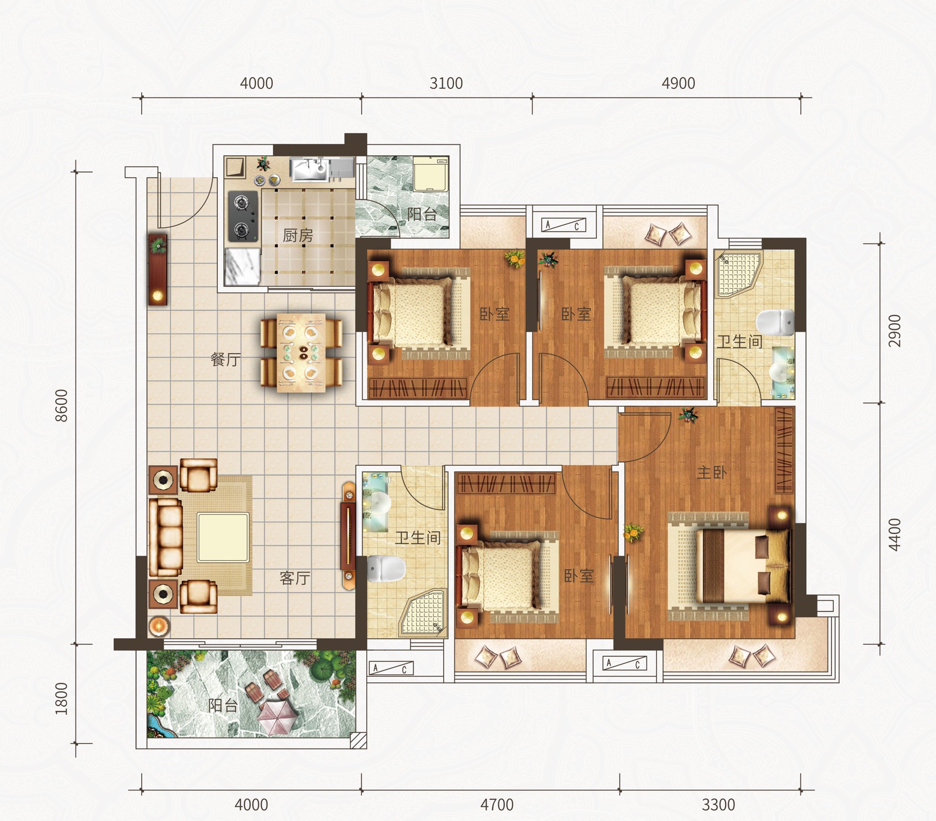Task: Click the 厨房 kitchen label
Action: pyautogui.click(x=298, y=236)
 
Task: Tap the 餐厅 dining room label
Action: pyautogui.click(x=225, y=359)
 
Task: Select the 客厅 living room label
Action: pyautogui.click(x=295, y=577)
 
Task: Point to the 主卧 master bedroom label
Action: pyautogui.click(x=712, y=472)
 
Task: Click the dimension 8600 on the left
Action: pyautogui.click(x=61, y=405)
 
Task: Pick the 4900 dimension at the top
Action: pyautogui.click(x=678, y=83)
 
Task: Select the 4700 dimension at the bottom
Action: pyautogui.click(x=497, y=805)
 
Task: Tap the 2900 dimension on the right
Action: pyautogui.click(x=894, y=331)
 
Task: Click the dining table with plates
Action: pyautogui.click(x=301, y=352)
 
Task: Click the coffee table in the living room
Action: pyautogui.click(x=223, y=537)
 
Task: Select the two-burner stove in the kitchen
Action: pyautogui.click(x=242, y=216)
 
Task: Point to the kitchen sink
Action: pyautogui.click(x=310, y=169)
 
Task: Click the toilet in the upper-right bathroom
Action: pyautogui.click(x=775, y=322)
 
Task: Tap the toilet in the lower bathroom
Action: pyautogui.click(x=386, y=568)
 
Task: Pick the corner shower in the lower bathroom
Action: pyautogui.click(x=423, y=613)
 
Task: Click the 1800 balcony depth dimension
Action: pyautogui.click(x=61, y=698)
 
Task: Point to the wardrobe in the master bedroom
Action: pyautogui.click(x=784, y=450)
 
